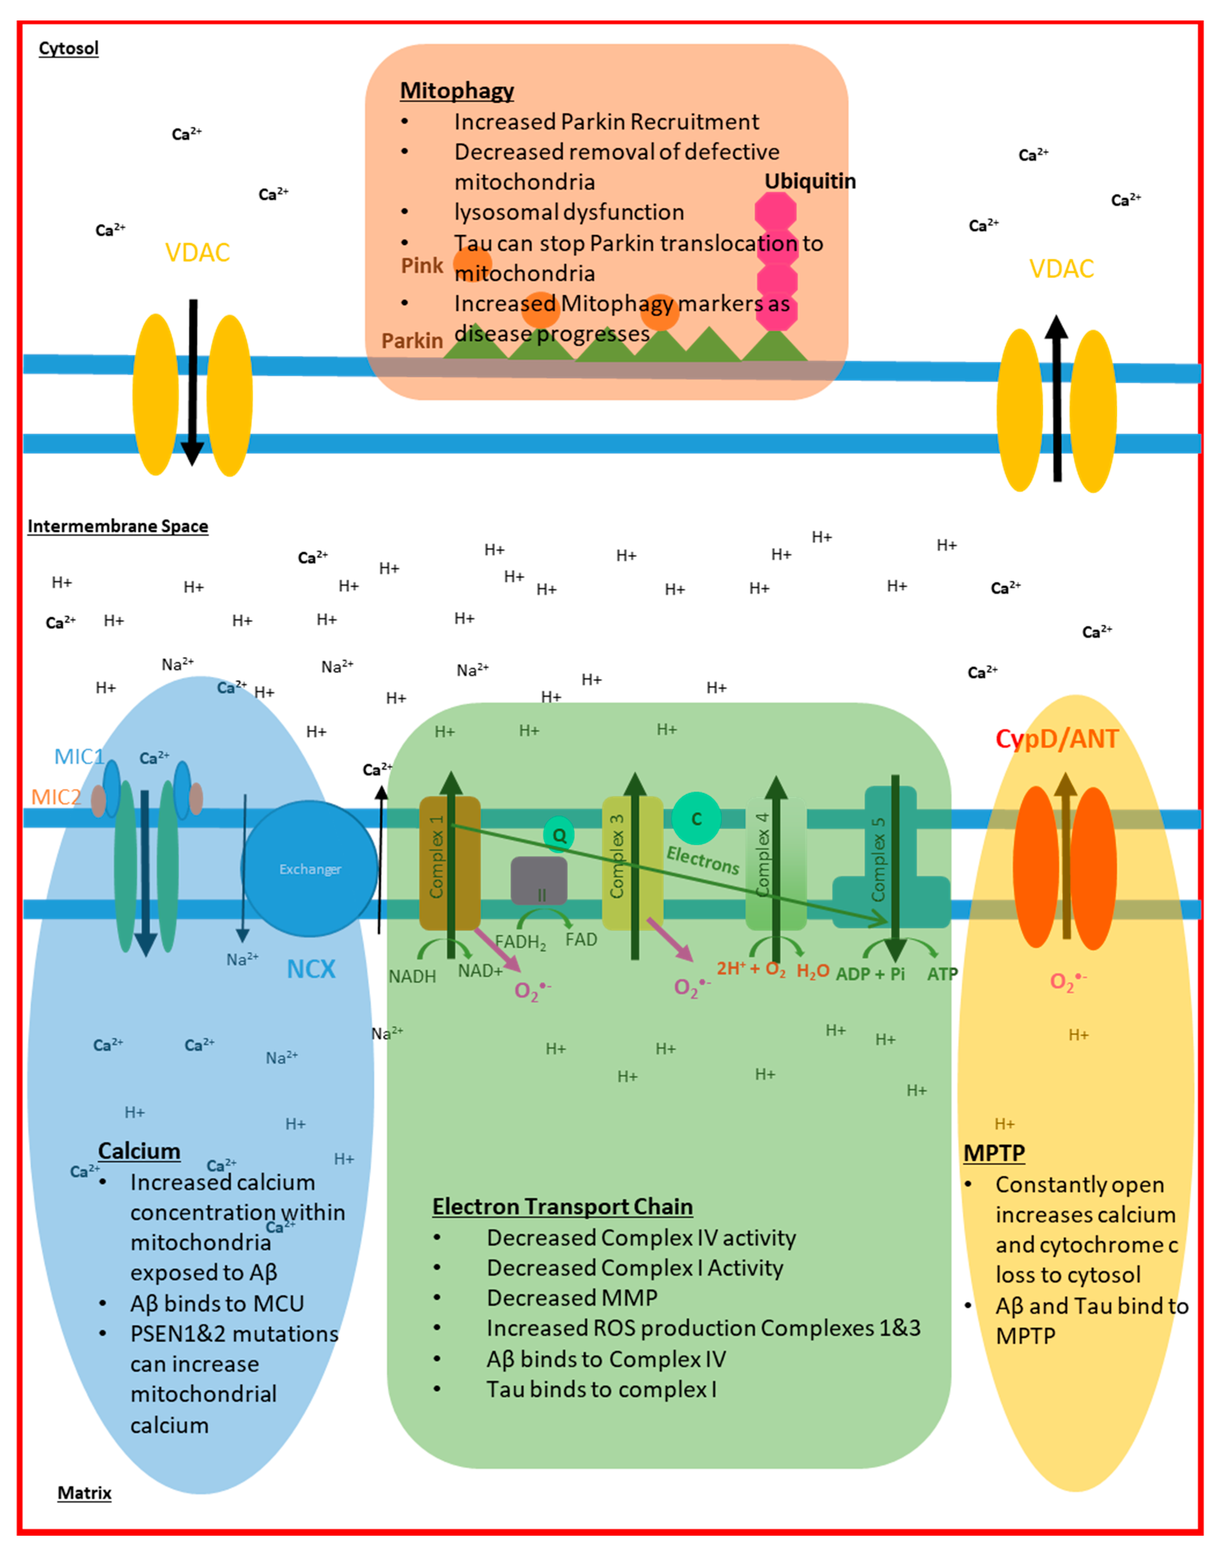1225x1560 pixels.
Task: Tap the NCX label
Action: point(311,969)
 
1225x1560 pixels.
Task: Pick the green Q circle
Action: point(559,835)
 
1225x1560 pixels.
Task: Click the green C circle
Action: point(696,818)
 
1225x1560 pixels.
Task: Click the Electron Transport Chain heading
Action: point(562,1206)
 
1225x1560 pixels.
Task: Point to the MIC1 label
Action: point(79,756)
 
